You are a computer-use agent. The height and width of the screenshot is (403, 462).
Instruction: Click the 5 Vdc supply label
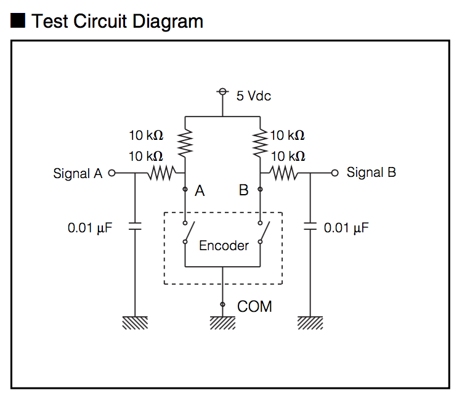[x=254, y=96]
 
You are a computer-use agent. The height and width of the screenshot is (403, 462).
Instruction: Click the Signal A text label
[x=78, y=173]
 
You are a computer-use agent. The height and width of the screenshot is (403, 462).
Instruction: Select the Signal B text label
[x=371, y=173]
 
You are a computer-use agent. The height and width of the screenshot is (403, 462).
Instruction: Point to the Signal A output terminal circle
[x=111, y=173]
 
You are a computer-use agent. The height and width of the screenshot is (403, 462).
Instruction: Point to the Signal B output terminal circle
[x=334, y=173]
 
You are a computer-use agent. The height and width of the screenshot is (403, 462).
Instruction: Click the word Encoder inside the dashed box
[x=224, y=245]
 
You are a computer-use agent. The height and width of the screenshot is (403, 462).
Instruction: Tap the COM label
[x=254, y=306]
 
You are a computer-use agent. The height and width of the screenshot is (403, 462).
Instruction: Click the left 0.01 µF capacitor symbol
[x=135, y=227]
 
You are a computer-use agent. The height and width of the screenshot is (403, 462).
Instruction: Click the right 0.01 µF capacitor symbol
[x=310, y=227]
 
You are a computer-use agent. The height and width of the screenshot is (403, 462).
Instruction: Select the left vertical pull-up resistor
[x=185, y=144]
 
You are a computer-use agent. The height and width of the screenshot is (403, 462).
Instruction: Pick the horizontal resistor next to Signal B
[x=285, y=173]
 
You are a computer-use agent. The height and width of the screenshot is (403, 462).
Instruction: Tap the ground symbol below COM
[x=222, y=323]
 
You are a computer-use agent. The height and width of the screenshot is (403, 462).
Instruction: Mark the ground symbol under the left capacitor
[x=135, y=323]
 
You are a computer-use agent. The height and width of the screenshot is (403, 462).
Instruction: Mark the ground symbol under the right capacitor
[x=310, y=323]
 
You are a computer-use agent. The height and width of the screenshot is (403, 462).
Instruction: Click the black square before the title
[x=18, y=21]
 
